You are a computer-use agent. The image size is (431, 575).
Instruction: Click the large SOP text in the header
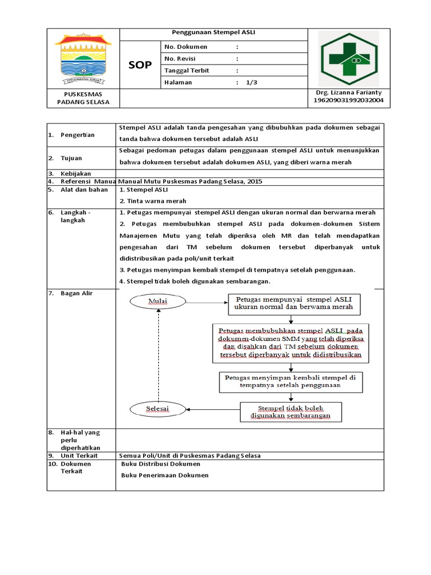click(x=140, y=65)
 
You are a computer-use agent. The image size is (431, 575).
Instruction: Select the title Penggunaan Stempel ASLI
click(x=214, y=33)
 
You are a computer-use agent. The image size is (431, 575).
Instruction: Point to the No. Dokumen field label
click(x=185, y=47)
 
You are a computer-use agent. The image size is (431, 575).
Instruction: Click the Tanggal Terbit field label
click(x=188, y=70)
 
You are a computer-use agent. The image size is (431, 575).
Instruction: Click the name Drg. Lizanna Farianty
click(x=349, y=92)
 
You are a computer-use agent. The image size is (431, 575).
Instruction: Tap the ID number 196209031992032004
click(x=349, y=101)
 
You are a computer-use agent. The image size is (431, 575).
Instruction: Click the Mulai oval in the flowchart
click(x=158, y=302)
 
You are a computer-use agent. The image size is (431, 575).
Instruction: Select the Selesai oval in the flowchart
click(x=158, y=408)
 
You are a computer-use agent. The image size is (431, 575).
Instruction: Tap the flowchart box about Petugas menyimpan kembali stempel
click(x=290, y=382)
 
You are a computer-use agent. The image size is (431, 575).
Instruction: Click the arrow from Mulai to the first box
click(x=206, y=302)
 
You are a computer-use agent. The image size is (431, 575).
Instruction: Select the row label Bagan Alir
click(x=77, y=294)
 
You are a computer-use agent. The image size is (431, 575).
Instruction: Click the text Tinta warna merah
click(x=153, y=200)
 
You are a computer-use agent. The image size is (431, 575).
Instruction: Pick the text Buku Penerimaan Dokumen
click(x=165, y=475)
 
